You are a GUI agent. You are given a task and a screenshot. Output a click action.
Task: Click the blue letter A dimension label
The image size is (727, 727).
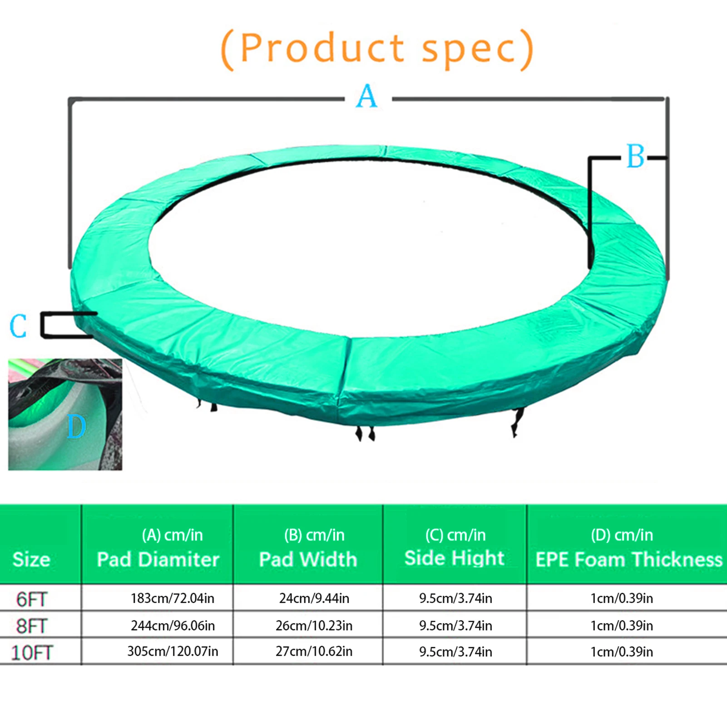367,96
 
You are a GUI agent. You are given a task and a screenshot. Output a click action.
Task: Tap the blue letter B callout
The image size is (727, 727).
635,156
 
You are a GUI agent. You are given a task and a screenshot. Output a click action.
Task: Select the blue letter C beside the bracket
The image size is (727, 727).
18,326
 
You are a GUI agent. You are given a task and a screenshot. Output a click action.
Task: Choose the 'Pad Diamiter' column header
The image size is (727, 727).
158,559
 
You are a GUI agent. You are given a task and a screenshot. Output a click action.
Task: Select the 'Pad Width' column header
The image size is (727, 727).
308,559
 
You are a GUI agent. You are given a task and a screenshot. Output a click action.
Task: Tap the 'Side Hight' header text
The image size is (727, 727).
454,558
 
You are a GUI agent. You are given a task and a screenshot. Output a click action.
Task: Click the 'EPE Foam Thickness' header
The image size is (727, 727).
629,559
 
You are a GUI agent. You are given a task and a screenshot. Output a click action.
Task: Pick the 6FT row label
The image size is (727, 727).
31,599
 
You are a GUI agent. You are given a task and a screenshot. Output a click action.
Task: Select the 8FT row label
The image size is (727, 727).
31,626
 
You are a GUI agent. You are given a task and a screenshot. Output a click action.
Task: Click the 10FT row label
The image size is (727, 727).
31,653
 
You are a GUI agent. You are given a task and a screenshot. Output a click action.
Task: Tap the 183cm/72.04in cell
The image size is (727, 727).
173,598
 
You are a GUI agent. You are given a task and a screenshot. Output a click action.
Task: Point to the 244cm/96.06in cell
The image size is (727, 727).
173,626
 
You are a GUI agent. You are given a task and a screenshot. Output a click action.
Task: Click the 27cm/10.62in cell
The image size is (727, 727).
314,652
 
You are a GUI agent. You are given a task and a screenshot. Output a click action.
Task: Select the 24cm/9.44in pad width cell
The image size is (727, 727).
314,598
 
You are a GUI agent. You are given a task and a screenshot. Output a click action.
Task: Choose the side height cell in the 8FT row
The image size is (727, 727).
455,626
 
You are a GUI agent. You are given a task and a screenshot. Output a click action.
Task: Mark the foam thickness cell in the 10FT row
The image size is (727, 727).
622,652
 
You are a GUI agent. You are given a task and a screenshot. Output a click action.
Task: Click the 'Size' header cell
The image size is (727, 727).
31,559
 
